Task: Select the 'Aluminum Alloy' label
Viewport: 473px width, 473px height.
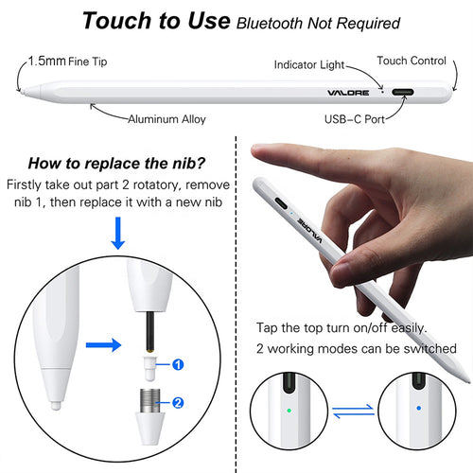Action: coord(167,119)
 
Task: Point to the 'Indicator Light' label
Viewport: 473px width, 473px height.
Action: coord(310,64)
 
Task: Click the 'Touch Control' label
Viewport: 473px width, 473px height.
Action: coord(412,61)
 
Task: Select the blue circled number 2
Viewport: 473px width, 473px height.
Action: coord(177,401)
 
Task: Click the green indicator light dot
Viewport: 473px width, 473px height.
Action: coord(289,411)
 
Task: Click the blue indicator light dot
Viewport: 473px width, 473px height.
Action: coord(417,410)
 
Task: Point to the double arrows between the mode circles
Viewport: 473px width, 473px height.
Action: coord(353,411)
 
